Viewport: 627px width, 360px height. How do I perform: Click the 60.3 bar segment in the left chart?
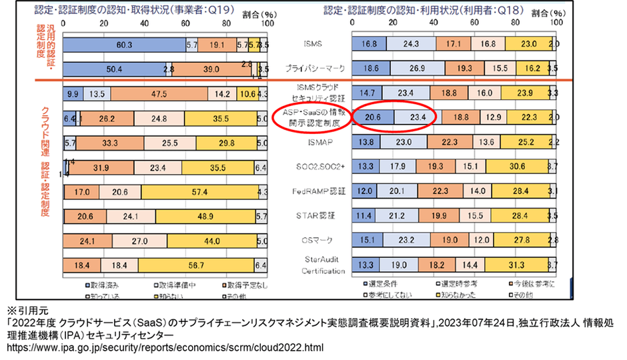click(123, 45)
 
